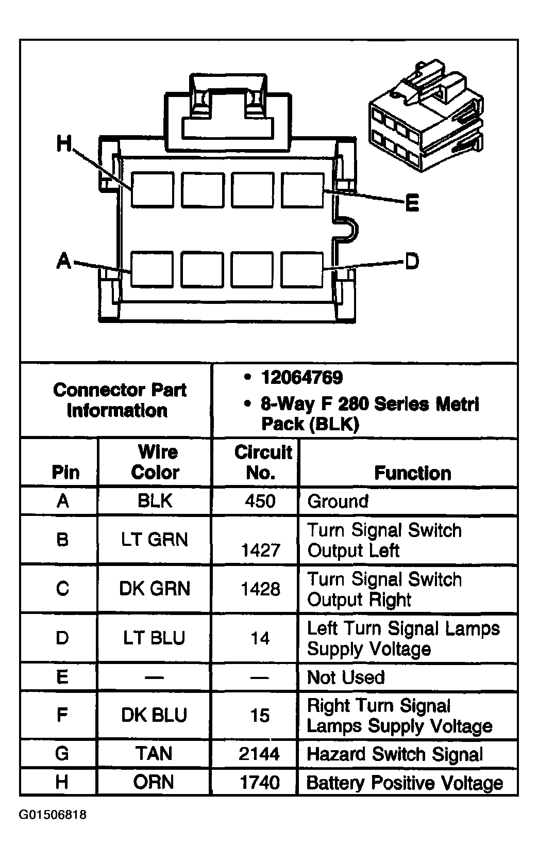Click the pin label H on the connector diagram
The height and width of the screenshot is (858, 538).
point(64,144)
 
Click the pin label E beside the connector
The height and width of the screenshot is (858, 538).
point(412,203)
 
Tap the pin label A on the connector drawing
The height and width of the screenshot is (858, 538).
point(63,261)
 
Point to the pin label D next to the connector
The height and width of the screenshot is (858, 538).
point(412,262)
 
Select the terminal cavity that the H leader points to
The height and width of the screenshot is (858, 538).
point(152,190)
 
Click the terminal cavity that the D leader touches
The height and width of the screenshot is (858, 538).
point(302,269)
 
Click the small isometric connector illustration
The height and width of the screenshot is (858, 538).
point(426,118)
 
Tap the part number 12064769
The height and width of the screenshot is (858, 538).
point(301,378)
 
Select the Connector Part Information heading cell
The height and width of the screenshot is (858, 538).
point(119,400)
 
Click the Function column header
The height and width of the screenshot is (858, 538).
point(412,473)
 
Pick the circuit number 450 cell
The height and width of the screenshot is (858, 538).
point(260,501)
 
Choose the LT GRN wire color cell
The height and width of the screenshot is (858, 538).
point(155,540)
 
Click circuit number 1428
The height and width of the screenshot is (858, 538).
point(260,589)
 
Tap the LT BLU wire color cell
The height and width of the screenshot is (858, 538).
point(154,638)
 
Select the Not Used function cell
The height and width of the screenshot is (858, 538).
point(346,677)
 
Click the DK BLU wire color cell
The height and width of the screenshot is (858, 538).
point(154,715)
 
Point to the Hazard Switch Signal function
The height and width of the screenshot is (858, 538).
point(395,754)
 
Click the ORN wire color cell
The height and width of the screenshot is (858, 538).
point(154,782)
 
